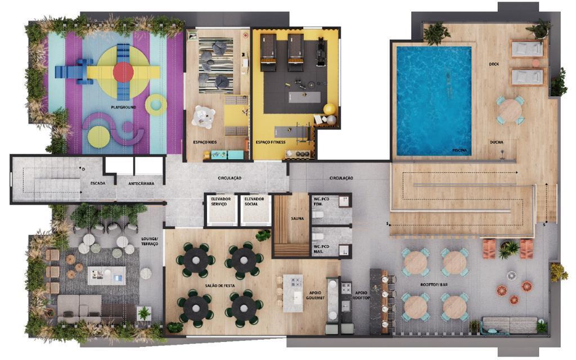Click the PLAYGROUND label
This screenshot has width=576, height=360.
(x=123, y=107)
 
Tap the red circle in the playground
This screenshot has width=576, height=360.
(x=123, y=73)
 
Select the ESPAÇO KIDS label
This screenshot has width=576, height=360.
(x=204, y=142)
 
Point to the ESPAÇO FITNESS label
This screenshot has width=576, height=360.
(x=271, y=142)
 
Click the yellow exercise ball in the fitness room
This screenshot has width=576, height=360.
(x=329, y=109)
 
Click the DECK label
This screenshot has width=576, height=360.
(x=494, y=64)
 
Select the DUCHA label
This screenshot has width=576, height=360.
(x=496, y=142)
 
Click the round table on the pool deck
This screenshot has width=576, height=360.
(x=510, y=110)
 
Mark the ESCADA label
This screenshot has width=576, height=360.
(x=98, y=183)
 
